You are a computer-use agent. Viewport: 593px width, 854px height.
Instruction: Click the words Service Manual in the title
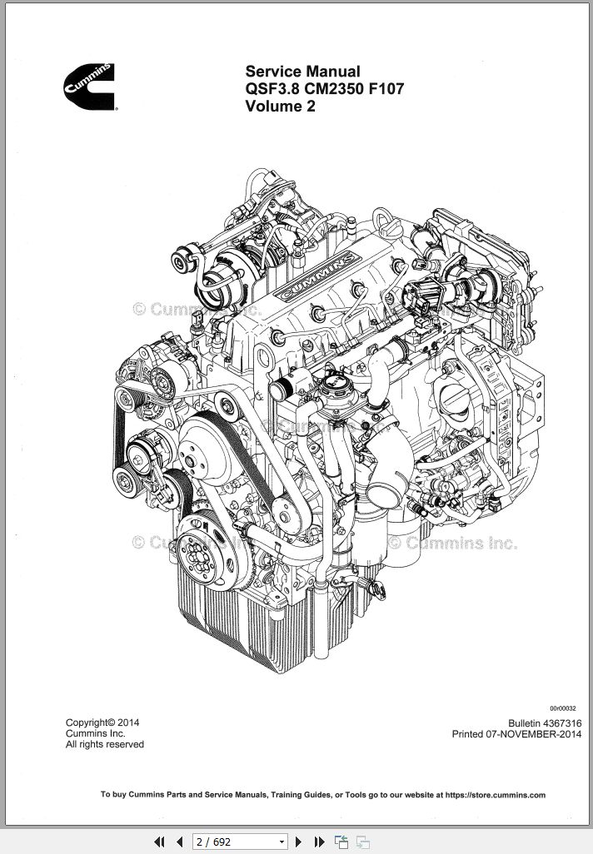(x=302, y=72)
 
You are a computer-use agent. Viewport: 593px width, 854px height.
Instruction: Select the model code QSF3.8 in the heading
(x=272, y=89)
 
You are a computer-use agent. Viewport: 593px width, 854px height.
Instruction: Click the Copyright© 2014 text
(x=102, y=722)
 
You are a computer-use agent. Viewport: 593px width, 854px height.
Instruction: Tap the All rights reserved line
(x=104, y=744)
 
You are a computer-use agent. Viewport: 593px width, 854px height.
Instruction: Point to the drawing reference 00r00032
(x=563, y=708)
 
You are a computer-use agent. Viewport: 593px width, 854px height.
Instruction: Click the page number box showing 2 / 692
(x=233, y=842)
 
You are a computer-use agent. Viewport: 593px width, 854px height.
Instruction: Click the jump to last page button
(x=318, y=842)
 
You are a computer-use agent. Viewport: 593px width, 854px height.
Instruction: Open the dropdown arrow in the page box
(x=282, y=842)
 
